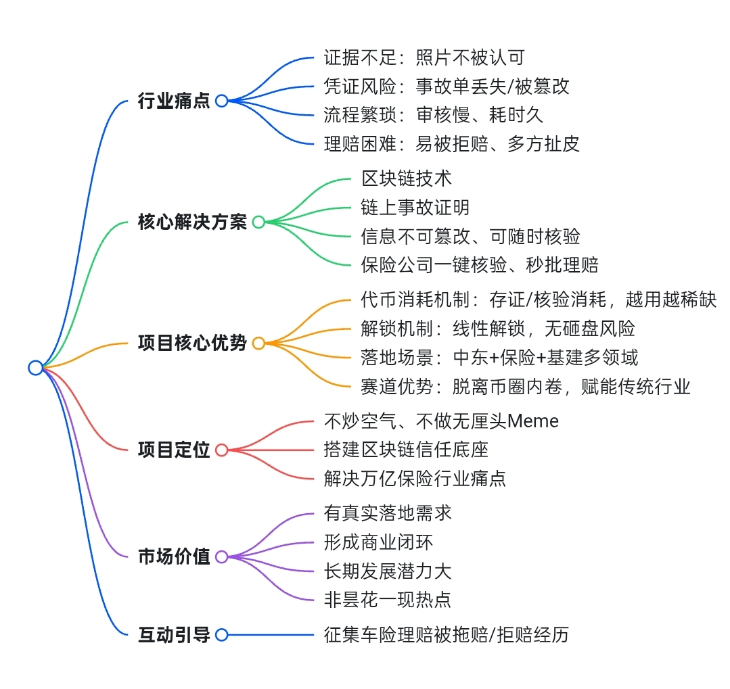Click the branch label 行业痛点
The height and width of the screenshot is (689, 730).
tap(174, 101)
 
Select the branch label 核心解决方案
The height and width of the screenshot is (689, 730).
tap(192, 222)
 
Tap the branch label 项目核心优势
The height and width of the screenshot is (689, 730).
tap(192, 343)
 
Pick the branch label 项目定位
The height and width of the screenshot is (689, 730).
tap(174, 450)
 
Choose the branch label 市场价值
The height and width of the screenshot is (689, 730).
tap(174, 557)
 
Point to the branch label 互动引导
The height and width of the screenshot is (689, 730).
tap(174, 635)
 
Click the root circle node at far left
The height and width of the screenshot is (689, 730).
tap(35, 367)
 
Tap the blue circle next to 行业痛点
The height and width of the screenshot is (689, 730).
tap(221, 101)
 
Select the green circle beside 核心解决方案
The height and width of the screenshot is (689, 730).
tap(258, 222)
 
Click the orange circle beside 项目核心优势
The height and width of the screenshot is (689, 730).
tap(258, 343)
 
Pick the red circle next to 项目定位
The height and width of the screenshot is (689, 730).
tap(221, 450)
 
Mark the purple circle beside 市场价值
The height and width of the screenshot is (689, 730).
tap(221, 557)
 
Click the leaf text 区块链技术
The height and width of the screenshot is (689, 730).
tap(406, 179)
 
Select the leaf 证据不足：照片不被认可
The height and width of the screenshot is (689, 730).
tap(424, 58)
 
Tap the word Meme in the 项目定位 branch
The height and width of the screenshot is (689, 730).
tap(533, 421)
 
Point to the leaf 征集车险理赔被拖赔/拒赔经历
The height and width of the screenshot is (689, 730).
tap(447, 635)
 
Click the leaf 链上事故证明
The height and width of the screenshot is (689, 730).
tap(415, 208)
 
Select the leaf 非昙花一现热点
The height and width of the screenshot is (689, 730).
tap(388, 599)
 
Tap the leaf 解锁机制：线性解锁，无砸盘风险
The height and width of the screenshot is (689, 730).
tap(499, 329)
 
